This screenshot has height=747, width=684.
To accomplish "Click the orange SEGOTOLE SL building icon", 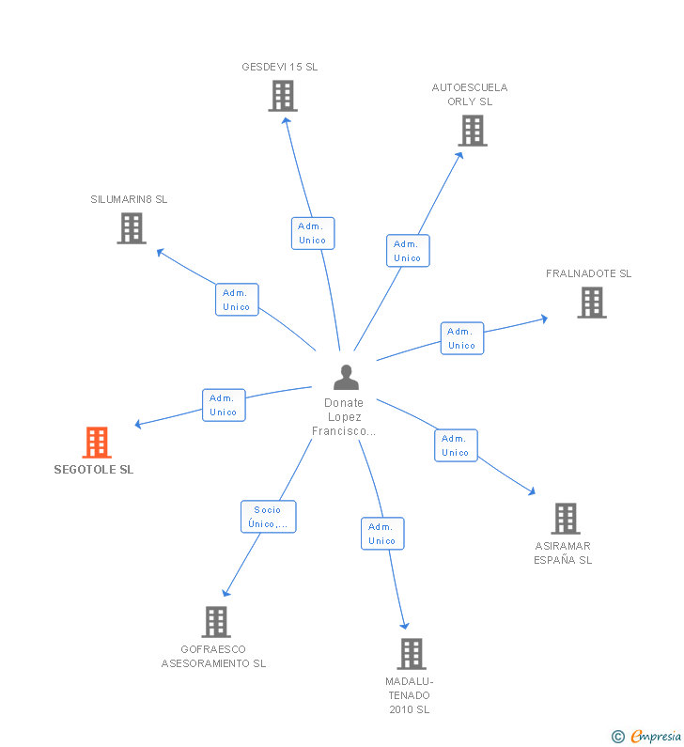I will click(97, 443).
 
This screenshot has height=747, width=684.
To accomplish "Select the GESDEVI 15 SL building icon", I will click(282, 96).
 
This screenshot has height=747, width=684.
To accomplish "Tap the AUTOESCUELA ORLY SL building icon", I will click(473, 131).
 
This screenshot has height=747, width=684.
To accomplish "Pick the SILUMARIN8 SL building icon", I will click(132, 227).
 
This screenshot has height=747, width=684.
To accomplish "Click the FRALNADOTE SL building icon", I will click(591, 303).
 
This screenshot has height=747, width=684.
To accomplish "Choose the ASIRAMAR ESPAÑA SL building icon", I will click(565, 518).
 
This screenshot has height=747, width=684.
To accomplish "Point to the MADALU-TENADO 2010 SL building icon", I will click(411, 653).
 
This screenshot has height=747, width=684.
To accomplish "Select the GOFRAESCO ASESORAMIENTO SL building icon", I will click(216, 621).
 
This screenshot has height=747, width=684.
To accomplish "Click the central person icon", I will click(346, 377).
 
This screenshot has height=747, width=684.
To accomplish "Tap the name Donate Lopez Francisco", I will click(344, 417).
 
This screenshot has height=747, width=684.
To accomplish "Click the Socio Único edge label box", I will click(268, 517).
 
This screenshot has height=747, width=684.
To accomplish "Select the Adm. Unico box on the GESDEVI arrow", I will click(312, 233).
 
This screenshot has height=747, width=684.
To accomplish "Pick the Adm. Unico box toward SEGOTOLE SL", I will click(224, 405).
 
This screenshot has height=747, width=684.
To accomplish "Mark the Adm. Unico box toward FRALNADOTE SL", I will click(461, 338).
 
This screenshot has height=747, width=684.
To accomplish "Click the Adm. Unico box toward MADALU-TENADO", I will click(381, 534).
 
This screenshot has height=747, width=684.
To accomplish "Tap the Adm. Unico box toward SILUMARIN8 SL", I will click(237, 300).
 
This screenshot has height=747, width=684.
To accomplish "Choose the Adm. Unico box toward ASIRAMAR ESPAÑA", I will click(456, 445).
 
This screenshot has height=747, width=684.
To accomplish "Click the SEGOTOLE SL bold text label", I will click(94, 470).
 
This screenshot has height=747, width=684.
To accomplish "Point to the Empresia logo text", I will click(655, 737).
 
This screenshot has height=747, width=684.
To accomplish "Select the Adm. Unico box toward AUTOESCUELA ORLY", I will click(408, 251).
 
